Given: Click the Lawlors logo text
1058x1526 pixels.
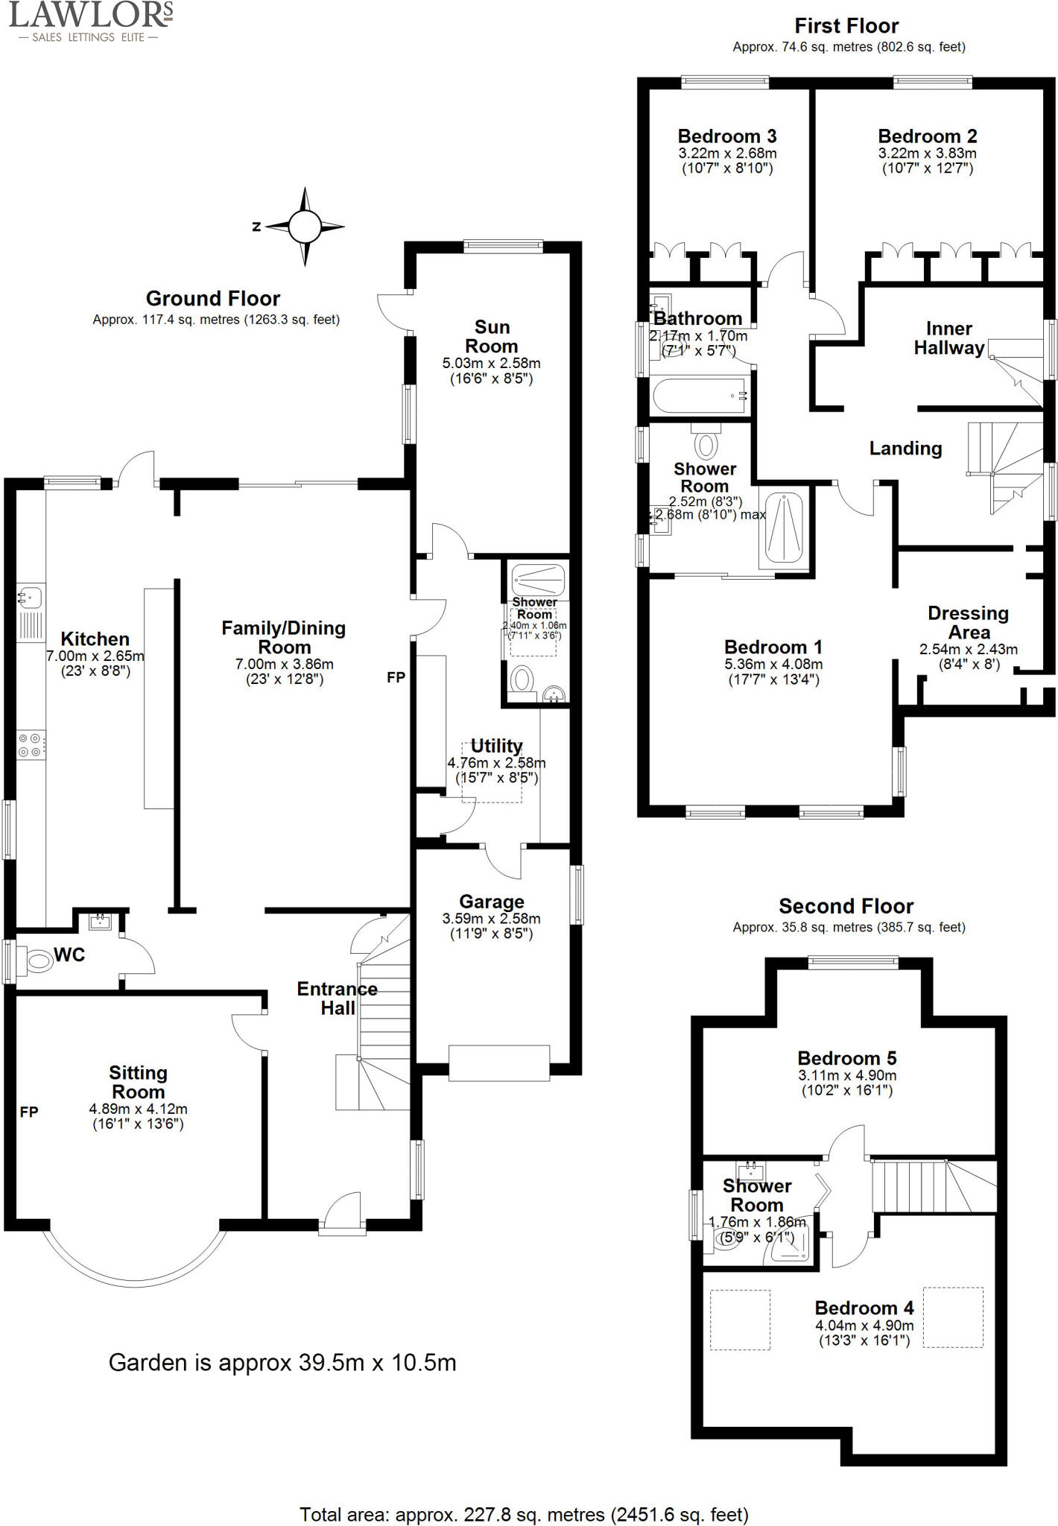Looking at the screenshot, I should pos(89,15).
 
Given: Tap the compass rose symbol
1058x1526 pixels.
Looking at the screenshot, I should pos(304,227).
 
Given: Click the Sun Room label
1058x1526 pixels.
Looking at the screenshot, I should pos(492,337).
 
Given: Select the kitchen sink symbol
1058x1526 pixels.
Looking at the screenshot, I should pos(31,597).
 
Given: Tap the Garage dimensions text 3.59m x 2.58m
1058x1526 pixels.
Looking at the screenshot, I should pos(491,919).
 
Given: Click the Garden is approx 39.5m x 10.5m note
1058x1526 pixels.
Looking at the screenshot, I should pos(282,1363).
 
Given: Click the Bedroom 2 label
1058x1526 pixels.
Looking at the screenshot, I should pos(927,136).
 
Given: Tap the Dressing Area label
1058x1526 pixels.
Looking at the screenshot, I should pos(968,623).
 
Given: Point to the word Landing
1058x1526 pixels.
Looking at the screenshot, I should pos(905,449).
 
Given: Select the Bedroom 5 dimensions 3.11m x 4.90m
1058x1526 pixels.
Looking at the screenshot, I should pos(847,1076).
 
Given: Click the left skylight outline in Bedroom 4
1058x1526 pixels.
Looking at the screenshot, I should pos(739,1320).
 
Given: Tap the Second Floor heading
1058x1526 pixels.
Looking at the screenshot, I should pos(846,907).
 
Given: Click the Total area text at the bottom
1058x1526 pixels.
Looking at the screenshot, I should pos(524,1514).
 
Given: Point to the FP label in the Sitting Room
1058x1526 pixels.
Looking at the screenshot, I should pos(29,1112).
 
